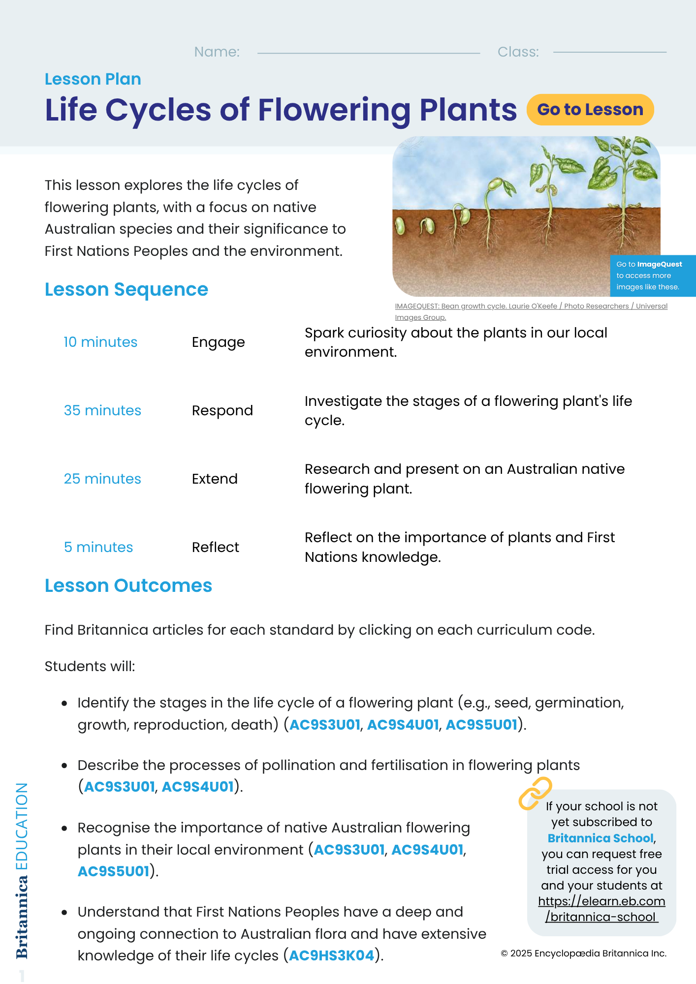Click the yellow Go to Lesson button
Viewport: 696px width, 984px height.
(590, 109)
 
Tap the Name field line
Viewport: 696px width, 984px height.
(368, 52)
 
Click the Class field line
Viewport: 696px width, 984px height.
(609, 52)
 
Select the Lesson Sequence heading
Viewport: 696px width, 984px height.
(127, 289)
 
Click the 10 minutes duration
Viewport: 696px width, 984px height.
(100, 342)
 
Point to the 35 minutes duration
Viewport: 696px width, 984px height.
(102, 410)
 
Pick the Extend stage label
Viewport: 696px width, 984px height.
(215, 479)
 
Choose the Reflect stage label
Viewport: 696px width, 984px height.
(215, 547)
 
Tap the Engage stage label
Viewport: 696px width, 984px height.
(218, 342)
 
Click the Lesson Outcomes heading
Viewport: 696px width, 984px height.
(128, 585)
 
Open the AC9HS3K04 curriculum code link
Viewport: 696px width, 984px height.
(332, 955)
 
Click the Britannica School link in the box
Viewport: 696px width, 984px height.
(601, 838)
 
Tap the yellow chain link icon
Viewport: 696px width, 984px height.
(535, 793)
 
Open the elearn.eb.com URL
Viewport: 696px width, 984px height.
(601, 909)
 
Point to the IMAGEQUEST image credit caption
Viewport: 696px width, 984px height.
(531, 311)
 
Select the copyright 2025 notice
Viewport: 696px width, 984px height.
(583, 953)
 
